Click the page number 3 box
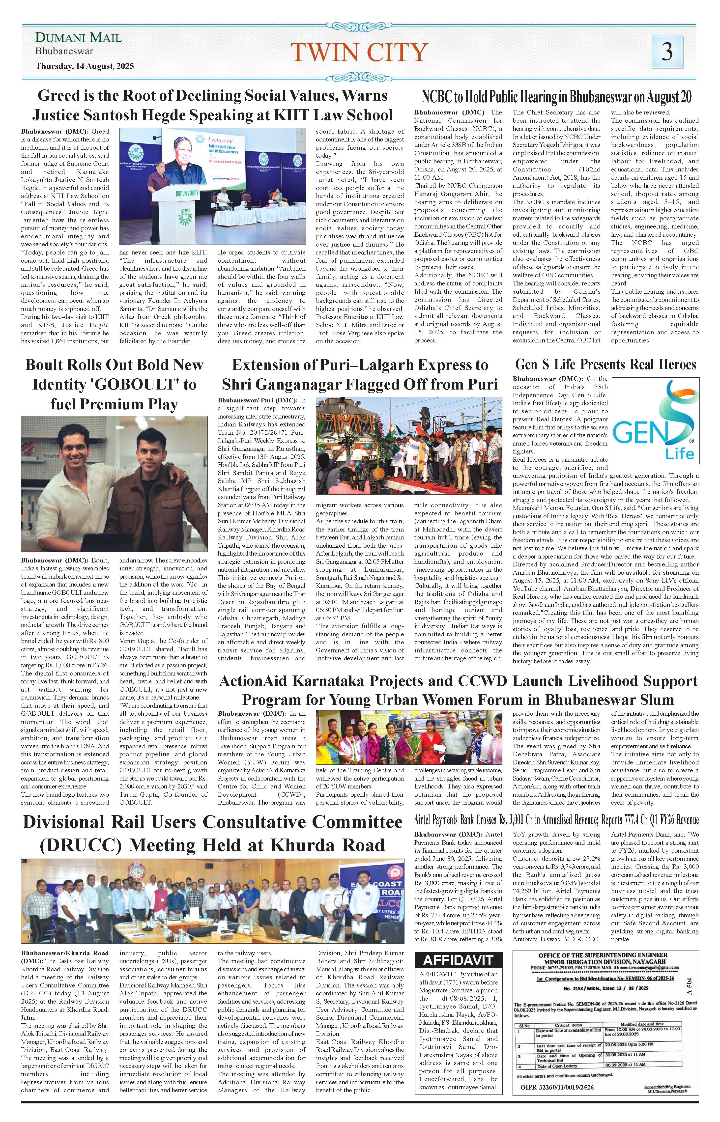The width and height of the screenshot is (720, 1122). click(x=667, y=51)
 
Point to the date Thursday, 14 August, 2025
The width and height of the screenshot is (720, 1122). click(x=85, y=66)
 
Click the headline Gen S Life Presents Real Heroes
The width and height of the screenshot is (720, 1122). click(x=605, y=365)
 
